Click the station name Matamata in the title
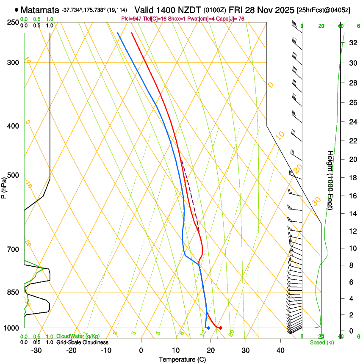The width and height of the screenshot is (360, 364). click(40, 10)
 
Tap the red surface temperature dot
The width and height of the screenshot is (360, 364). click(221, 328)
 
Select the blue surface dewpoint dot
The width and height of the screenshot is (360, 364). click(208, 328)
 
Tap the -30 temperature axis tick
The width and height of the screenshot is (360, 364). click(36, 350)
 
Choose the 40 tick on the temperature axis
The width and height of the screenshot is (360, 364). click(280, 350)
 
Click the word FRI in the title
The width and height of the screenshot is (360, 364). click(235, 9)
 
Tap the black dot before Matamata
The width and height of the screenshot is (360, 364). click(16, 10)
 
